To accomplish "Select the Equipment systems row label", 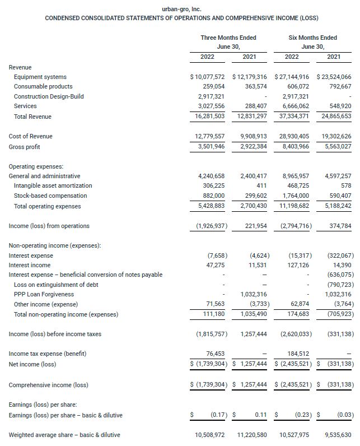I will (x=40, y=77).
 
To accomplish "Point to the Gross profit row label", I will (x=25, y=147).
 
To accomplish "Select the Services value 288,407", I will (x=255, y=106).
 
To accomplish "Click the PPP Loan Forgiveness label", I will (x=44, y=294).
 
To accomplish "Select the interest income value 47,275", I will (x=213, y=265).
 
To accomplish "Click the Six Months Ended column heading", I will (x=312, y=38).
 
